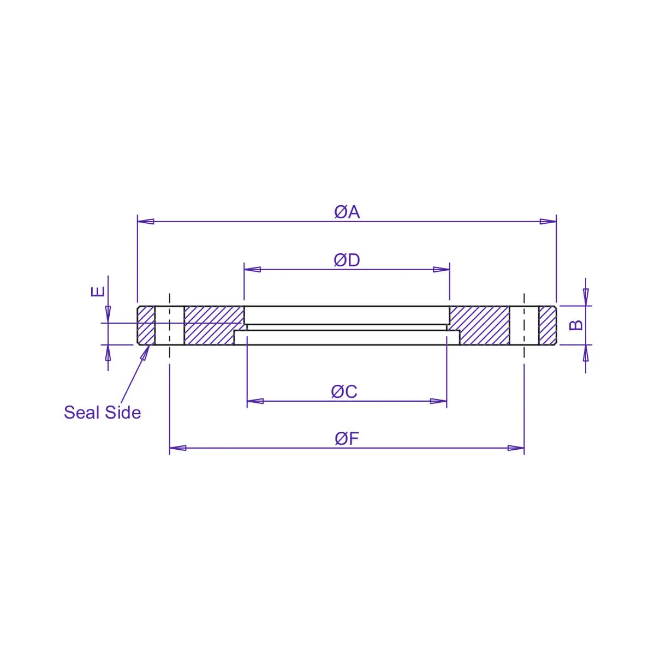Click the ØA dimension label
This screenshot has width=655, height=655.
[x=347, y=212]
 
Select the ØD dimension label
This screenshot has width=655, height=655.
[x=347, y=260]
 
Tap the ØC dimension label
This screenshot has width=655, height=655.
[x=344, y=391]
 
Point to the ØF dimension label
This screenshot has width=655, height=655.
[x=347, y=438]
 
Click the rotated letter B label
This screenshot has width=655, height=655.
[x=576, y=325]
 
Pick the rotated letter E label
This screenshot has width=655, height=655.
[x=98, y=291]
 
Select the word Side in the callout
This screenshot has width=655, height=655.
[x=123, y=413]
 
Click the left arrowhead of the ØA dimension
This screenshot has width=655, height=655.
[x=146, y=221]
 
